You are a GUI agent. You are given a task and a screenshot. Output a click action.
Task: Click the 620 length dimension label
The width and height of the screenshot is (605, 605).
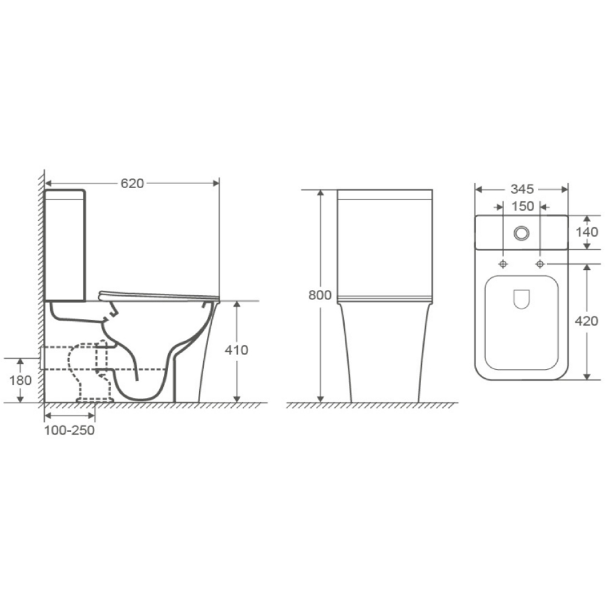click(132, 183)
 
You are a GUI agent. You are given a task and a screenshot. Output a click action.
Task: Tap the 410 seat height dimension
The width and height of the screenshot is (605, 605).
click(237, 350)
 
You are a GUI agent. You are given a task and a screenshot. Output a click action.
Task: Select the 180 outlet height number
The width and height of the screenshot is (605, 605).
click(20, 381)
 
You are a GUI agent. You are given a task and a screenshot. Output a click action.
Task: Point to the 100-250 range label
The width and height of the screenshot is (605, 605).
click(69, 430)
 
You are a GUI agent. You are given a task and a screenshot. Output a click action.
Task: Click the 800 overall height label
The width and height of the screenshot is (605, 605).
click(320, 295)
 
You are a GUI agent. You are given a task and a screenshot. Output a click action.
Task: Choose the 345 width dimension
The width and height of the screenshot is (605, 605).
click(522, 189)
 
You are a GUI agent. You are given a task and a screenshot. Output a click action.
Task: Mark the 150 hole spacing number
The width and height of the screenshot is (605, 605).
click(523, 206)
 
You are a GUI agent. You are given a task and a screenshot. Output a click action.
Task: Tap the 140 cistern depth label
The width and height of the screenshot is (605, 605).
click(587, 232)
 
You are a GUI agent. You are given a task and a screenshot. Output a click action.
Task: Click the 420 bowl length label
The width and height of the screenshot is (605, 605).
click(586, 321)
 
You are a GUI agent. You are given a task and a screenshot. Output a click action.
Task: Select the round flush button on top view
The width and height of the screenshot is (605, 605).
click(522, 233)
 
